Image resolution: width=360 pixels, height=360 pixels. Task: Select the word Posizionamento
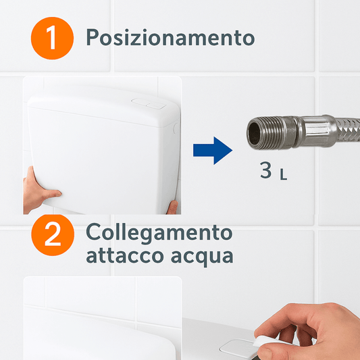coord(170,38)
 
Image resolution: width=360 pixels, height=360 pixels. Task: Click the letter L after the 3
coord(284,174)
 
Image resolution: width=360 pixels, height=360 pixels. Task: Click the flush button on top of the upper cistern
coord(148,104)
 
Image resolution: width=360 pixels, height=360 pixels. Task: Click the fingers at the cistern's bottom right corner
coord(173,207)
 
